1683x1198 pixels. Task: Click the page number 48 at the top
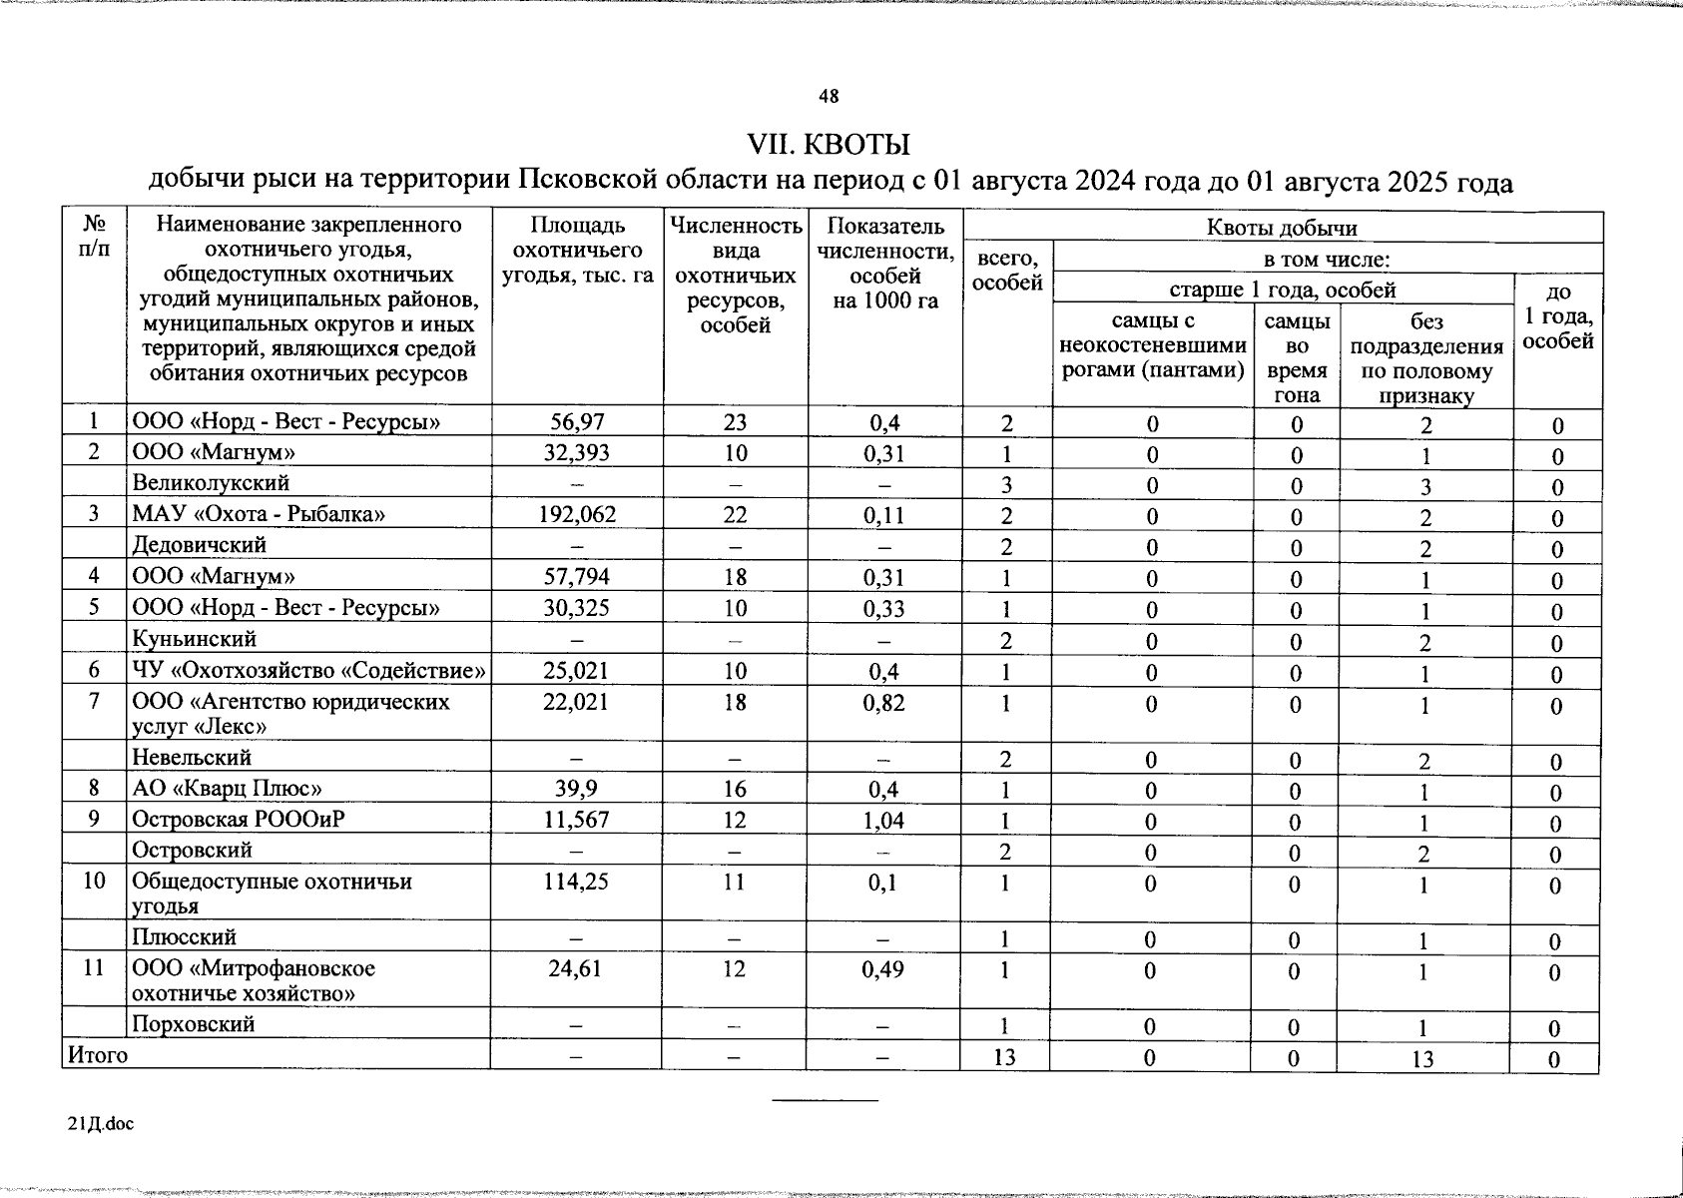[829, 97]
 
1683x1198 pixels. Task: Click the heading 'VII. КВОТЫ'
[829, 144]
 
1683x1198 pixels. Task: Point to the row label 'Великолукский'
[211, 483]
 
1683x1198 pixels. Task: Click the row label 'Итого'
[97, 1054]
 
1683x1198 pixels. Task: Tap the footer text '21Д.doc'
[100, 1124]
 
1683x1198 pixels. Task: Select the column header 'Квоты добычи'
[1282, 228]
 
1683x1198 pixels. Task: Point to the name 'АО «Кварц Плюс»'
[227, 790]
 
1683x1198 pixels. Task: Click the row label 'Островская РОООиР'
[239, 821]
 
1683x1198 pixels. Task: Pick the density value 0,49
[883, 969]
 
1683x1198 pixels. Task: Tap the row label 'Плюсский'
[185, 937]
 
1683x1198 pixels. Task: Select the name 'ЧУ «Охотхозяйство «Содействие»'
[309, 671]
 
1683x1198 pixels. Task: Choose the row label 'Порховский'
[193, 1024]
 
